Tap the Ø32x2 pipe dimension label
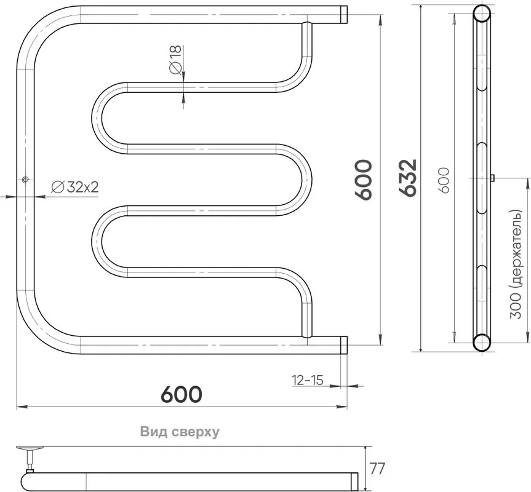point(75,186)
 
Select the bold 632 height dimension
point(407,177)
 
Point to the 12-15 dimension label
point(308,380)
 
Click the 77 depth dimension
point(378,469)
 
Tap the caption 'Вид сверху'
point(180,432)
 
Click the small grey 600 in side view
point(444,180)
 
